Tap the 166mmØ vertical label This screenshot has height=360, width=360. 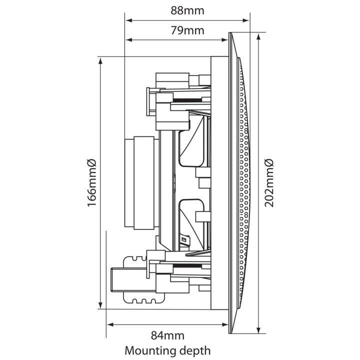(x=91, y=182)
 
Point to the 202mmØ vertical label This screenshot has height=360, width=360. (x=269, y=182)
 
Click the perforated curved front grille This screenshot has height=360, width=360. (x=245, y=182)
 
